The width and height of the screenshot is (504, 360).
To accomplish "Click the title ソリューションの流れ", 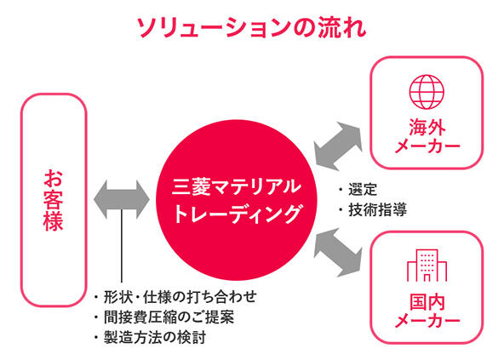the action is (252, 27).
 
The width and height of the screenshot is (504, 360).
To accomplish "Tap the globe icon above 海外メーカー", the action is (427, 92).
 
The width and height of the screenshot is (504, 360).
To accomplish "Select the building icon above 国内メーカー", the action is (427, 266).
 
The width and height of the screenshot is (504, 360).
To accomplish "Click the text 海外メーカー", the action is (427, 136).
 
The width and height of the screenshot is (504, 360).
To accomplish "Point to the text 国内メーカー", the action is (427, 311).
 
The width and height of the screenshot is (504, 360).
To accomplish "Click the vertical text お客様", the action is (54, 200).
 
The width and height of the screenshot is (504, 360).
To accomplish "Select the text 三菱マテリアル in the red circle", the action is (237, 187).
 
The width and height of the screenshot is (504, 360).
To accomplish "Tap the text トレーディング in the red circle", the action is (238, 214).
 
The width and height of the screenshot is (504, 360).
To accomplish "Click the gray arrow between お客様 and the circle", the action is (122, 200).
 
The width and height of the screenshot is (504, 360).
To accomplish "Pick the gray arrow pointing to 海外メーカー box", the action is (338, 146).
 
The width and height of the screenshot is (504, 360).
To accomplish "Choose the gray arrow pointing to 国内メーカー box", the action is (338, 253).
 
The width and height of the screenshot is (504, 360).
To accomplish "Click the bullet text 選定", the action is (363, 190).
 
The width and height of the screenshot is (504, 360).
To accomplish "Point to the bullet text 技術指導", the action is (377, 209).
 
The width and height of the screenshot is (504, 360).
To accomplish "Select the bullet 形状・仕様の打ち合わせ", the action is (180, 297).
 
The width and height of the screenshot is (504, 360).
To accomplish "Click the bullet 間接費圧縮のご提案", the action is (169, 317).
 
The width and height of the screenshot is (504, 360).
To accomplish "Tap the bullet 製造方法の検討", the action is (155, 338).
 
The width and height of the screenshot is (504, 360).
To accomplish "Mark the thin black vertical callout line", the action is (122, 247).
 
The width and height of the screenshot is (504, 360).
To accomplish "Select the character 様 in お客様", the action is (54, 221).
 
